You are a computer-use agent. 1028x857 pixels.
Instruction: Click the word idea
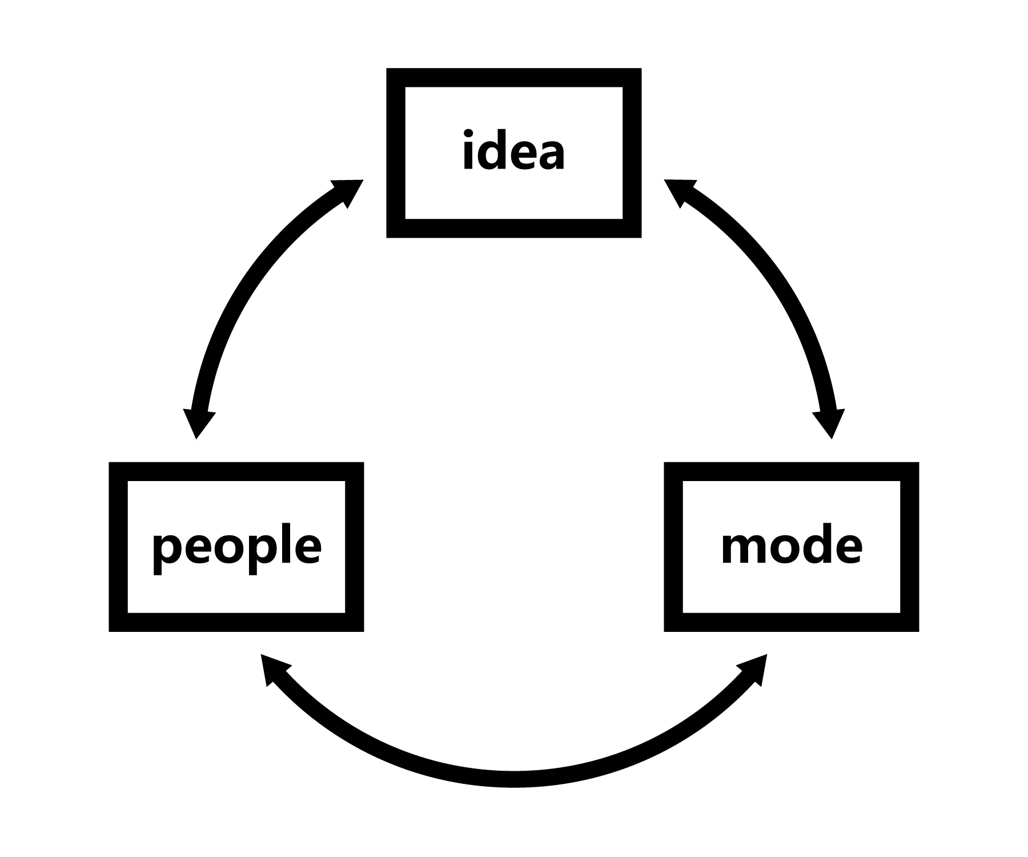click(513, 151)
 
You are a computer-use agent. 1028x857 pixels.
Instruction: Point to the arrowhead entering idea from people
click(347, 192)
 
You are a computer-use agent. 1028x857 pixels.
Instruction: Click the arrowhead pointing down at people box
click(198, 423)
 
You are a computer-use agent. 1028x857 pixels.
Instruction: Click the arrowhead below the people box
click(272, 668)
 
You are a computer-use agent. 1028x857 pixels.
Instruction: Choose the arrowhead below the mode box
click(755, 668)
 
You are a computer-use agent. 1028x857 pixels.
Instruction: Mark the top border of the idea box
click(513, 78)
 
